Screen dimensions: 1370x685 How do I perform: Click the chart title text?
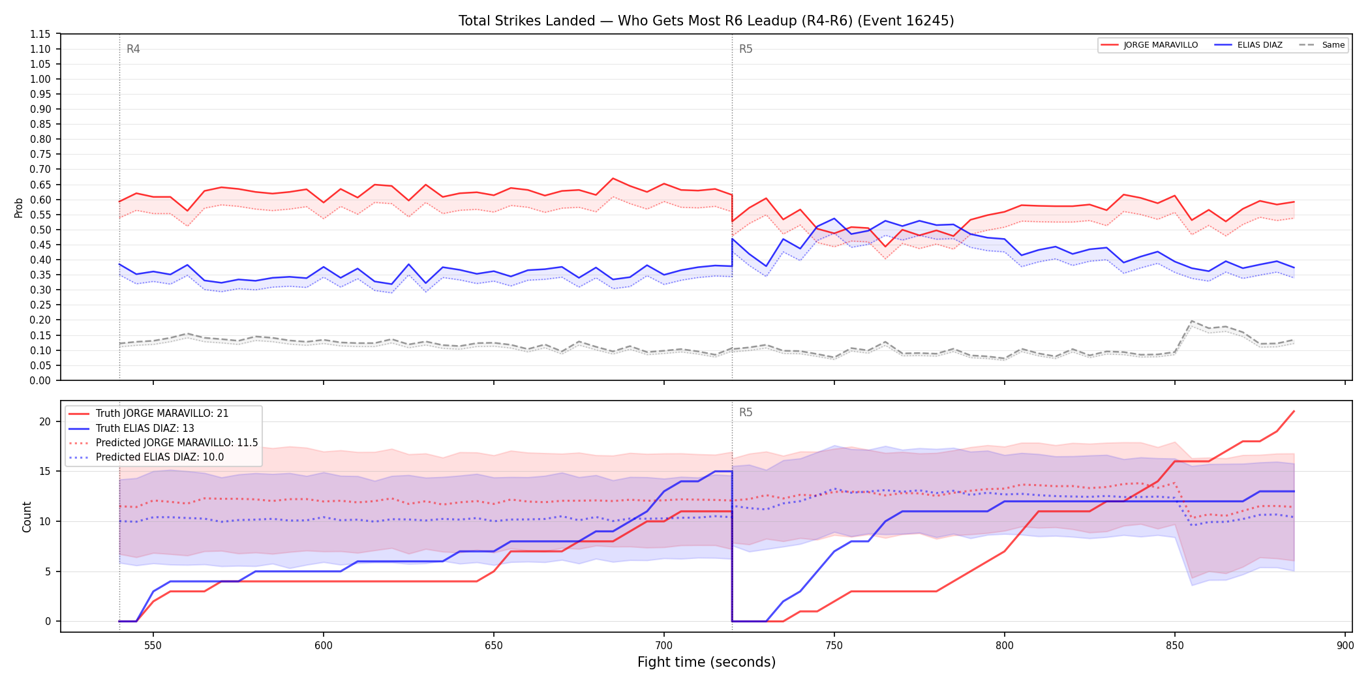(706, 21)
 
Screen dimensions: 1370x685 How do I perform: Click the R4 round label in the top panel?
(133, 49)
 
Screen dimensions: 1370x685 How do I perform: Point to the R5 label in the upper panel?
(746, 49)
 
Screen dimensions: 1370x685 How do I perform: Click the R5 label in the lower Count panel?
(746, 412)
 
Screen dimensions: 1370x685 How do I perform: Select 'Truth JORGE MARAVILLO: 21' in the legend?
(162, 414)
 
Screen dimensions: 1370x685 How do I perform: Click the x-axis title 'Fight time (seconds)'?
(707, 662)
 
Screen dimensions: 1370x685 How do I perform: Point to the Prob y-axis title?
(19, 207)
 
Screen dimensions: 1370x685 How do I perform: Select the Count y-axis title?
(27, 517)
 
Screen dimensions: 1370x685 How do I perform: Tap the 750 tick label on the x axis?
(834, 645)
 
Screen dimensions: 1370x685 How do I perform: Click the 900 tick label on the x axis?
(1345, 645)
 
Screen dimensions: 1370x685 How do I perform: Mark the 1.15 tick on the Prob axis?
(40, 34)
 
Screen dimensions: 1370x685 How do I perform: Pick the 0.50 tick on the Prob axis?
(40, 230)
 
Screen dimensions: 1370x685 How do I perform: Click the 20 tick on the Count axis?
(45, 421)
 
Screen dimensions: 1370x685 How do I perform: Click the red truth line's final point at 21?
(1294, 412)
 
